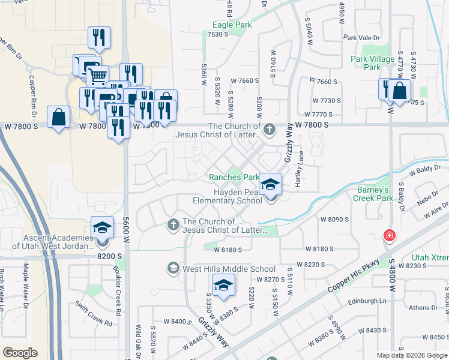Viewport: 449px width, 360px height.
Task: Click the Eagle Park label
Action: (231, 25)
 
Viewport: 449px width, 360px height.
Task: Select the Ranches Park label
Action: (234, 177)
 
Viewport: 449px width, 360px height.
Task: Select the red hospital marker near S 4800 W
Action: (390, 235)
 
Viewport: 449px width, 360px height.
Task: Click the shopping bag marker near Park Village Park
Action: (399, 92)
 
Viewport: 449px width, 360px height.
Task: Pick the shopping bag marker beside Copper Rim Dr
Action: (58, 118)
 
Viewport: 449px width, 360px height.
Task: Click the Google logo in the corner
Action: (20, 353)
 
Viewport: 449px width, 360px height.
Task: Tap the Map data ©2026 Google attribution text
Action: (412, 355)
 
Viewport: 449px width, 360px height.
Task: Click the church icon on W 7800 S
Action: (270, 128)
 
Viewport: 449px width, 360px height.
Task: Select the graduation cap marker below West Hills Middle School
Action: (223, 286)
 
